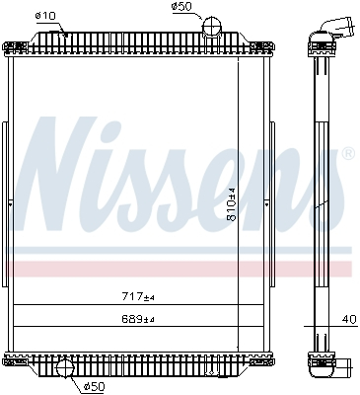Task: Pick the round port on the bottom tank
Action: coord(65,370)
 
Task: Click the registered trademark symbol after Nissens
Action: coord(346,154)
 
